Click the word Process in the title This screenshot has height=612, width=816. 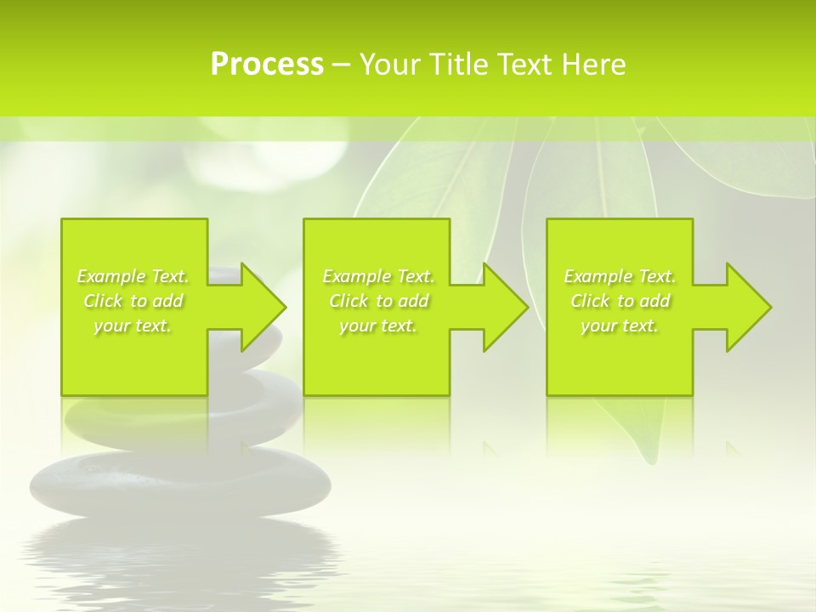[267, 64]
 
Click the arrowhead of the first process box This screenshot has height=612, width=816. [263, 307]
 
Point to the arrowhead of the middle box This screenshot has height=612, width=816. [505, 307]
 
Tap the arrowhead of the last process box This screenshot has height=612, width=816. [748, 307]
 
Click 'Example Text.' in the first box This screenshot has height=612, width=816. [133, 276]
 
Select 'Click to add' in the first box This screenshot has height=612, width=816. [133, 301]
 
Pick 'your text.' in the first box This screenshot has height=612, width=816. [133, 326]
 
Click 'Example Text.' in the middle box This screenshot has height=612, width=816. [378, 276]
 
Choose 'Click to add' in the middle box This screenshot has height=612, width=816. [378, 301]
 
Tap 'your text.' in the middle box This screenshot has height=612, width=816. [378, 326]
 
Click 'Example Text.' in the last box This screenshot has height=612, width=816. [620, 276]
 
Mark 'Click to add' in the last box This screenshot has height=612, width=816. [620, 301]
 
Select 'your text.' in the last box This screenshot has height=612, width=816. [620, 326]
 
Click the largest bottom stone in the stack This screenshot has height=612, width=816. [180, 484]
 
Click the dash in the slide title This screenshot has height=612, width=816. [341, 65]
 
